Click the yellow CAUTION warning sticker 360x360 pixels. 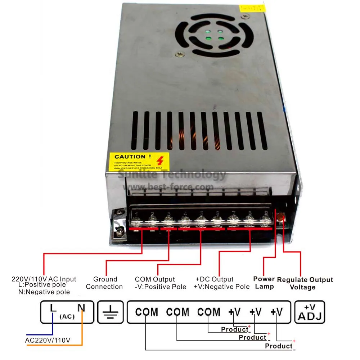[x=136, y=161]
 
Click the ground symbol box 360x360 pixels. [x=110, y=312]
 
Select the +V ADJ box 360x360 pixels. [x=310, y=312]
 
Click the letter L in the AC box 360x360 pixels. [x=53, y=308]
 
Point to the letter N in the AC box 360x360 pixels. [x=82, y=308]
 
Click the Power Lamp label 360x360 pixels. [x=264, y=283]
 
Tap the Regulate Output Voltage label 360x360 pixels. [x=305, y=283]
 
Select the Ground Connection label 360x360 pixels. [x=104, y=283]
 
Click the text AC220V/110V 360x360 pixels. [x=48, y=340]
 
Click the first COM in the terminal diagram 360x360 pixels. [x=147, y=312]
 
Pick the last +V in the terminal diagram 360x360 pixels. [x=276, y=312]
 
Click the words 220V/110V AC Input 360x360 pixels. [x=44, y=279]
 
